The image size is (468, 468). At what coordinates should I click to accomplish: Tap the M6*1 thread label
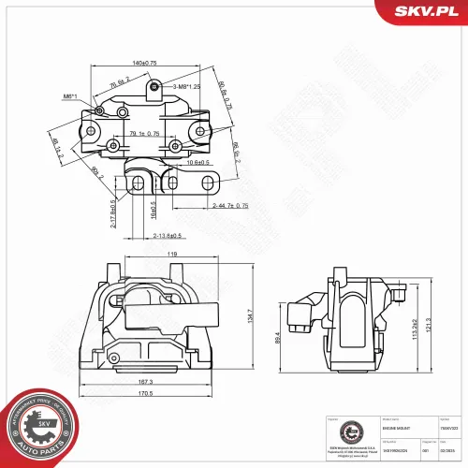[70, 97]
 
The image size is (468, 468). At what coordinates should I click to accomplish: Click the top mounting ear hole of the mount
[155, 88]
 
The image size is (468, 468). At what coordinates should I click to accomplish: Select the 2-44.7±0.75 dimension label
[229, 205]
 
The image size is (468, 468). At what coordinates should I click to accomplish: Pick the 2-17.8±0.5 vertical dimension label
[113, 213]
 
